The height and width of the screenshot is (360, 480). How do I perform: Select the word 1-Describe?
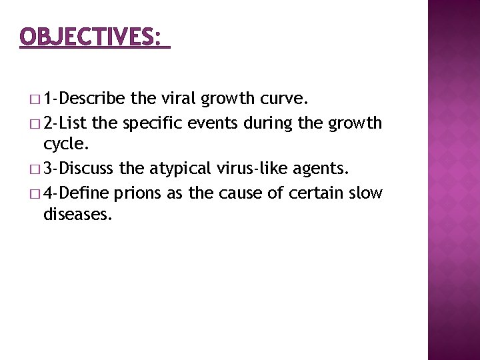[x=85, y=99]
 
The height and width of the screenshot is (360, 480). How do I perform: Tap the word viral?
[x=178, y=99]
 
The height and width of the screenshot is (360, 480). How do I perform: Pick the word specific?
[x=151, y=123]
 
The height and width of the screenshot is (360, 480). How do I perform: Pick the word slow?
[x=366, y=193]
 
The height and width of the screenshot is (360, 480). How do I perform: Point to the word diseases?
[x=75, y=215]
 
